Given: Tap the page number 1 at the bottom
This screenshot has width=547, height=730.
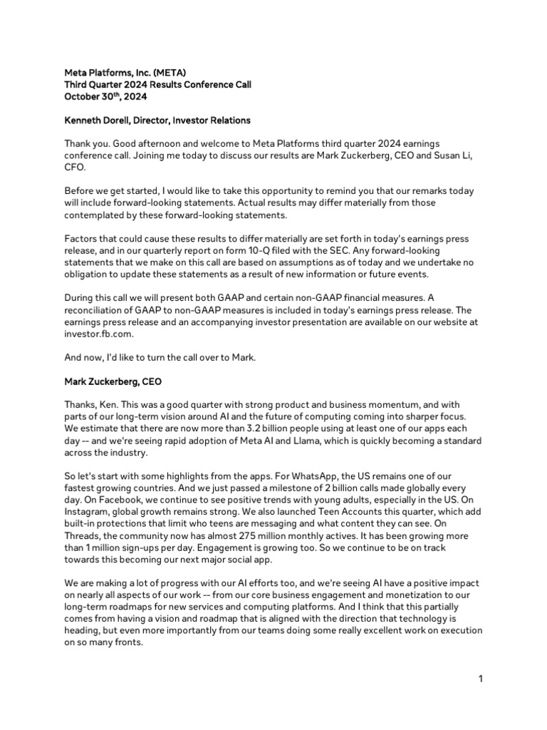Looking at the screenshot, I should pos(480,679).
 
